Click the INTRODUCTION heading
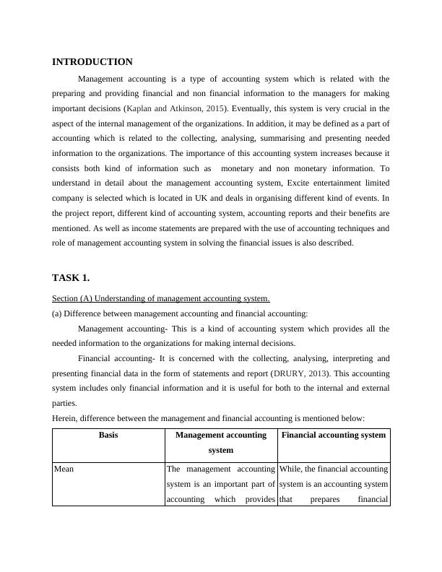click(x=92, y=62)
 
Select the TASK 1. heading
click(x=71, y=277)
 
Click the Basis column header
click(x=109, y=435)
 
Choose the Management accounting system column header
click(x=220, y=442)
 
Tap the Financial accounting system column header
click(x=333, y=435)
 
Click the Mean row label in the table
click(x=65, y=469)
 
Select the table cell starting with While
click(x=333, y=483)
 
